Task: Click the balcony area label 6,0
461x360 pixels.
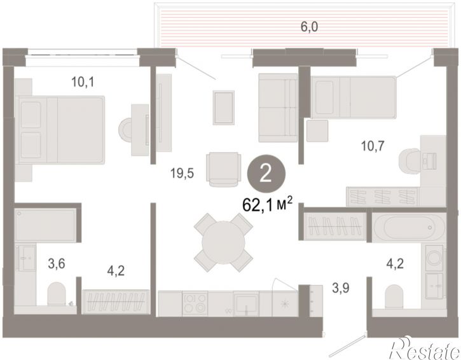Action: (x=309, y=27)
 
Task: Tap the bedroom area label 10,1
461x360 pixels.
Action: (x=83, y=82)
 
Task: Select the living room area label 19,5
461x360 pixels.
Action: (x=182, y=173)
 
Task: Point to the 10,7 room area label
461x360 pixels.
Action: (x=373, y=146)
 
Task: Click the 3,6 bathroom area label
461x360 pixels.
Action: (x=57, y=263)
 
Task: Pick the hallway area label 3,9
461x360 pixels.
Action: (x=341, y=288)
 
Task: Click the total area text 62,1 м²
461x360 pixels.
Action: (x=267, y=205)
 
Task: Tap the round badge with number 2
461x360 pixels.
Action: (x=266, y=174)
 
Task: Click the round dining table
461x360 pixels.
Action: (x=223, y=242)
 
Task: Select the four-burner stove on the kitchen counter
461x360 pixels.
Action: (x=195, y=303)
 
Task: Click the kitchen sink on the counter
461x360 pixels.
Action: (x=246, y=304)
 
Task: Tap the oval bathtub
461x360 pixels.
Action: (x=409, y=227)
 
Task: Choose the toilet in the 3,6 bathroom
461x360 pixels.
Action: (x=57, y=294)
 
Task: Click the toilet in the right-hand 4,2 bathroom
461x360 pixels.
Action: (x=394, y=296)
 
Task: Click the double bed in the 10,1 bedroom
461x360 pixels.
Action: (x=60, y=130)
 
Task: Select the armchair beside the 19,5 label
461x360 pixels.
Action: (x=223, y=169)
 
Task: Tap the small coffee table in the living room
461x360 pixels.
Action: (x=223, y=107)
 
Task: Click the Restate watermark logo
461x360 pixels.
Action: (x=424, y=349)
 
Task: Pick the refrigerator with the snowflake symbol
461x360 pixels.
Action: (x=285, y=303)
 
